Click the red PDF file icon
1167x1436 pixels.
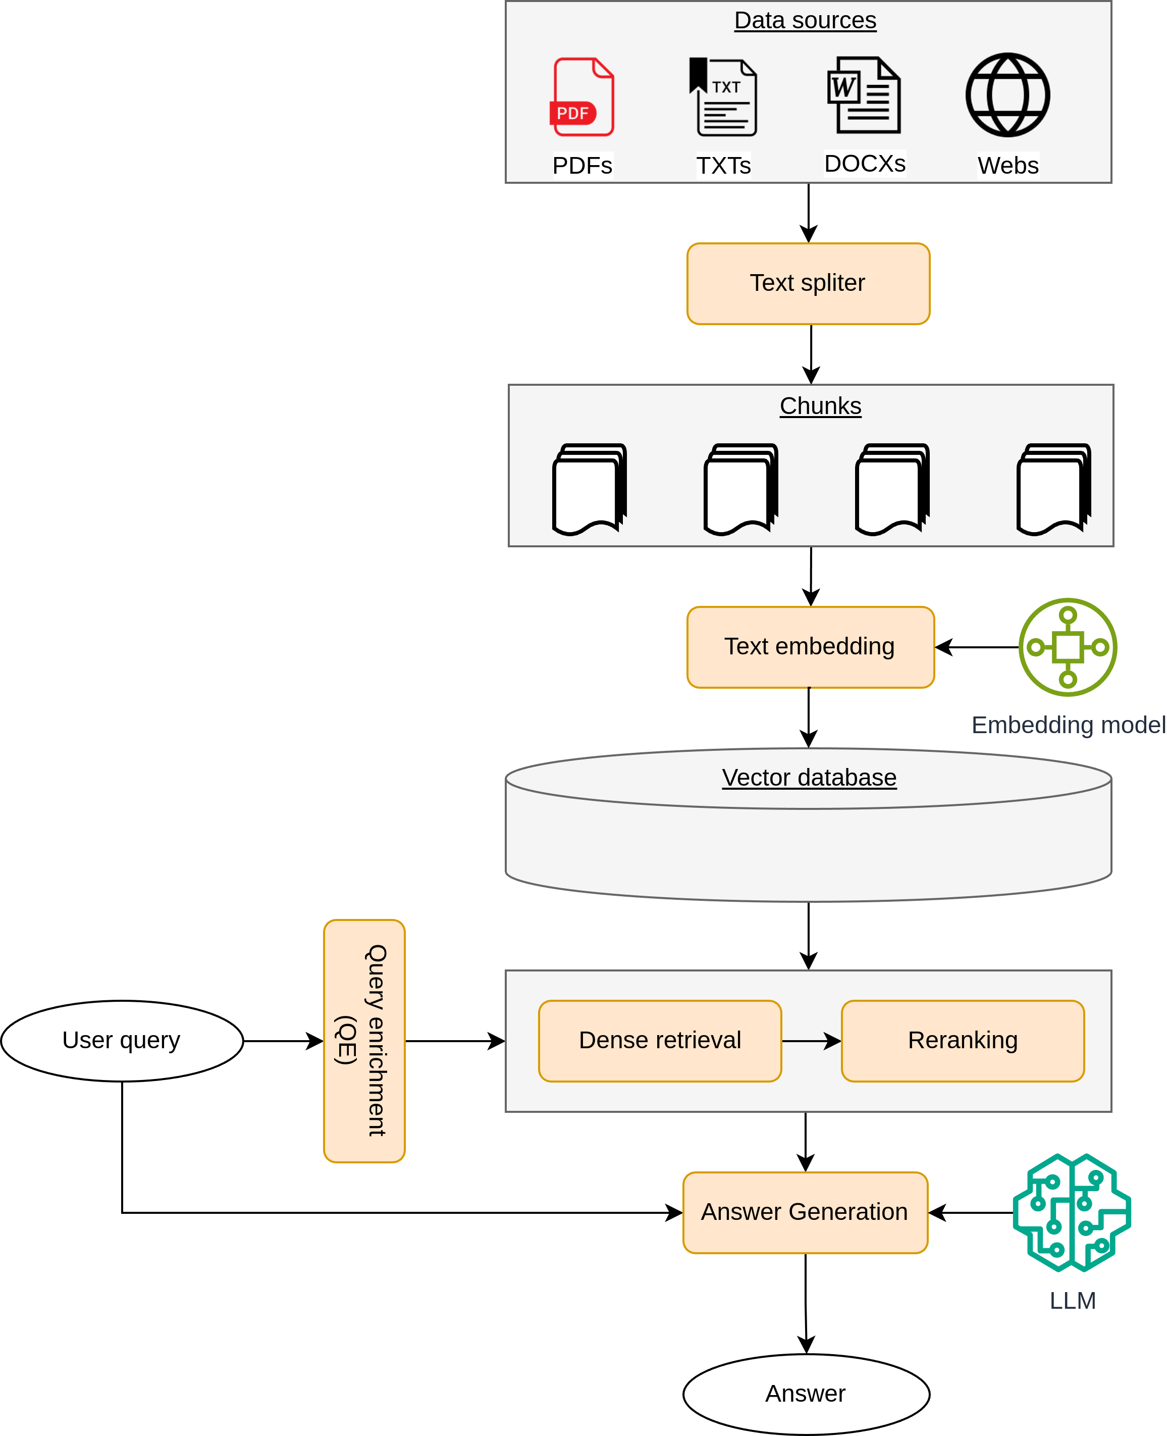582,97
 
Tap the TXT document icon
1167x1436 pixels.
723,97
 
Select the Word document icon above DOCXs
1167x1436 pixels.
864,95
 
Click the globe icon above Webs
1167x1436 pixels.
1007,95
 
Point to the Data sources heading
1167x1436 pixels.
805,20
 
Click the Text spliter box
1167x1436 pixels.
808,284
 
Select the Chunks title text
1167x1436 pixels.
820,406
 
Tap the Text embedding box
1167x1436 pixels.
811,647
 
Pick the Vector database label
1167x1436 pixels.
809,777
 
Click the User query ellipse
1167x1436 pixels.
122,1041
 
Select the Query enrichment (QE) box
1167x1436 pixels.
364,1041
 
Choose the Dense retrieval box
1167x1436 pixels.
660,1041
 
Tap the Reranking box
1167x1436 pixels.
963,1041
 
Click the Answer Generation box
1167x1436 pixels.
805,1212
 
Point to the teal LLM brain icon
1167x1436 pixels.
1072,1212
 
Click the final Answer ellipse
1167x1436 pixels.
806,1394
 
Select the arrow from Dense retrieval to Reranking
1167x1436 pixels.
811,1041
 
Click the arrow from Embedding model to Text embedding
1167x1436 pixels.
977,647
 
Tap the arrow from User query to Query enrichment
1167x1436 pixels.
283,1041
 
